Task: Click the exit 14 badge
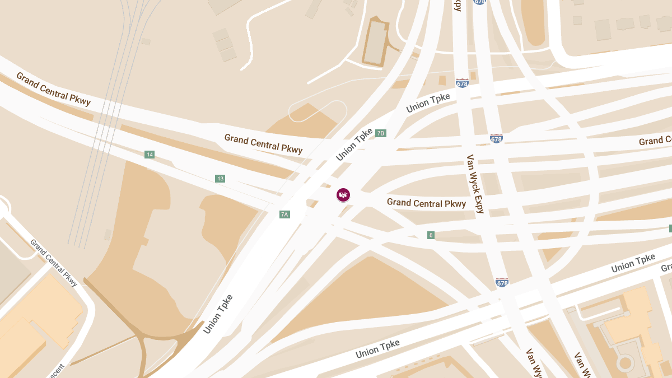pos(149,155)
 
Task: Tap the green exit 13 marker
pos(220,179)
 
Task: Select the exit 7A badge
pos(284,214)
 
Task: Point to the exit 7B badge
pos(381,133)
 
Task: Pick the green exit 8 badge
pos(431,235)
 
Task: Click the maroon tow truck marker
pos(343,195)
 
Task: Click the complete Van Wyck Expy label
pos(475,184)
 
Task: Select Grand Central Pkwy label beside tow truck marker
pos(426,203)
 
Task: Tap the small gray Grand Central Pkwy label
pos(54,263)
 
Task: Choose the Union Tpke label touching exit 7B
pos(354,144)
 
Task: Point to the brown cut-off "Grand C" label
pos(655,141)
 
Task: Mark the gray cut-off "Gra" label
pos(666,268)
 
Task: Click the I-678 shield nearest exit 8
pos(502,283)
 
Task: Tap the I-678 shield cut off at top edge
pos(479,2)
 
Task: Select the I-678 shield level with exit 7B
pos(496,138)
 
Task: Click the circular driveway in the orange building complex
pos(624,363)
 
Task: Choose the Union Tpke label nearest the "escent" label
pos(218,314)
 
